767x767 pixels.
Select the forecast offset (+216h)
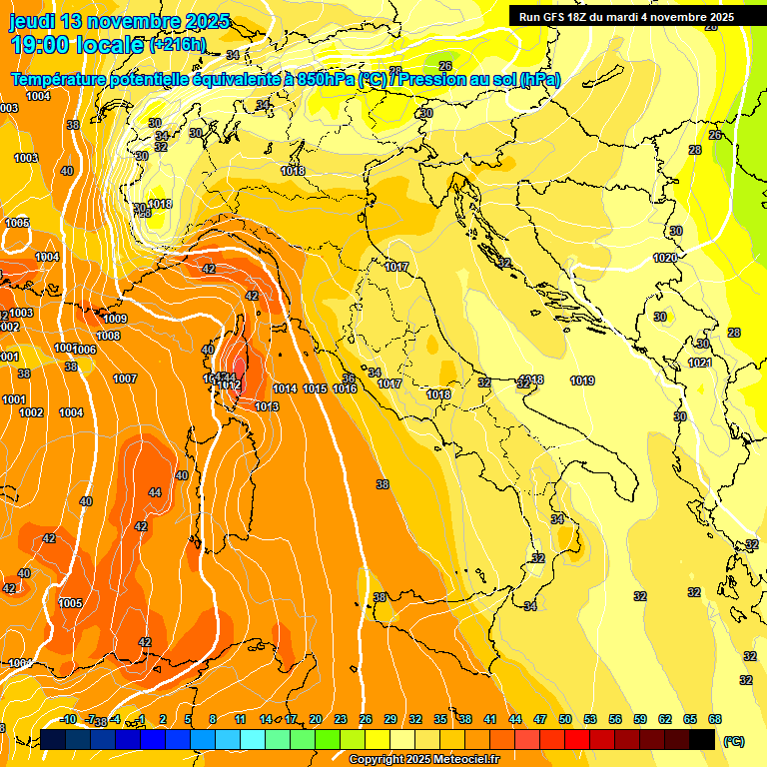pos(178,45)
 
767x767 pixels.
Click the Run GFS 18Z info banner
pos(626,17)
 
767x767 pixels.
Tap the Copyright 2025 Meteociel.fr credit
pos(424,760)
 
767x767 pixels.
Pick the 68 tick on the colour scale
pos(715,719)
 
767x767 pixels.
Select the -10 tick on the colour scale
pos(68,719)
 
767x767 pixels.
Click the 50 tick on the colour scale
pos(565,719)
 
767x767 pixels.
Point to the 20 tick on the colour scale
pos(316,719)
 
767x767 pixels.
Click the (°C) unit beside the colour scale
pos(734,741)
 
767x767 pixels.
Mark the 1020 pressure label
pos(665,258)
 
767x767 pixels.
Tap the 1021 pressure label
pos(700,363)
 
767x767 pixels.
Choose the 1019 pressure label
pos(582,381)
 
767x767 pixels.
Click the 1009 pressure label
pos(115,319)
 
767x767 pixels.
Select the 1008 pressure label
pos(108,336)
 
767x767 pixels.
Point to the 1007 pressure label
pos(125,379)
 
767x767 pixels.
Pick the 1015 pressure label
pos(315,388)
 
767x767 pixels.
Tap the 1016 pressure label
pos(345,388)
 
